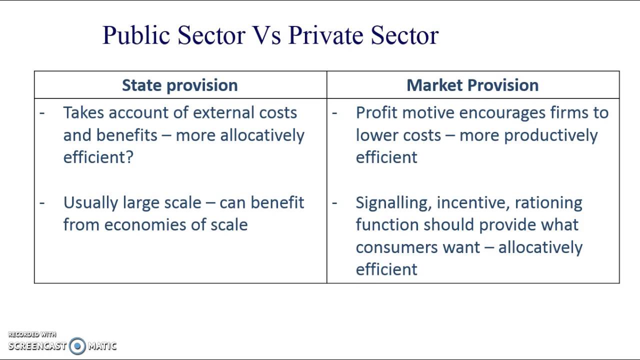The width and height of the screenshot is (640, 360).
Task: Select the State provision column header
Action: tap(180, 85)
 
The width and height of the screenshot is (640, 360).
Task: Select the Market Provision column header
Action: tap(472, 85)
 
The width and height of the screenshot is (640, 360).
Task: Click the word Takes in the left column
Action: tap(83, 112)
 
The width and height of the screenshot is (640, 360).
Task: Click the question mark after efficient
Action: tap(130, 157)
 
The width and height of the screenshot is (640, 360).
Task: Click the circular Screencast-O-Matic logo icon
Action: tap(77, 345)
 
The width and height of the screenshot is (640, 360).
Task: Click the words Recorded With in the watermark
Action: tap(32, 334)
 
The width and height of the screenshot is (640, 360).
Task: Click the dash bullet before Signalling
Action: tap(334, 202)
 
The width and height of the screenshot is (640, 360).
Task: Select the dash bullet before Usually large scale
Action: tap(42, 202)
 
